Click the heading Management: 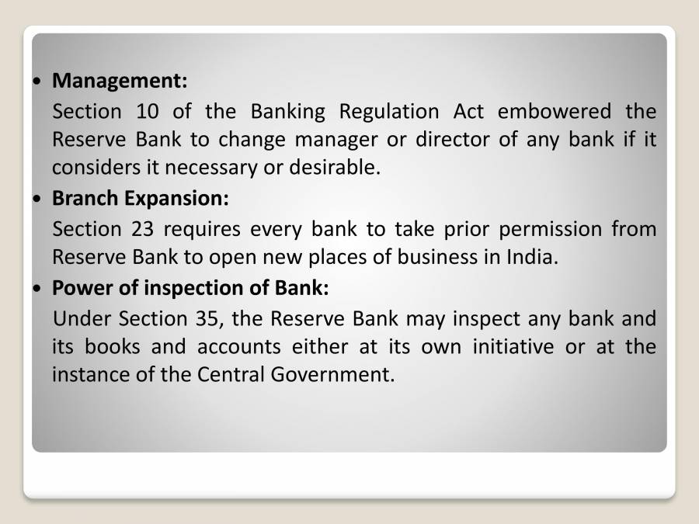120,80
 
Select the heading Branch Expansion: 140,199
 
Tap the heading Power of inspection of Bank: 190,288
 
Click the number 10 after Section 147,111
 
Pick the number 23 147,229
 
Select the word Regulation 389,113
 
